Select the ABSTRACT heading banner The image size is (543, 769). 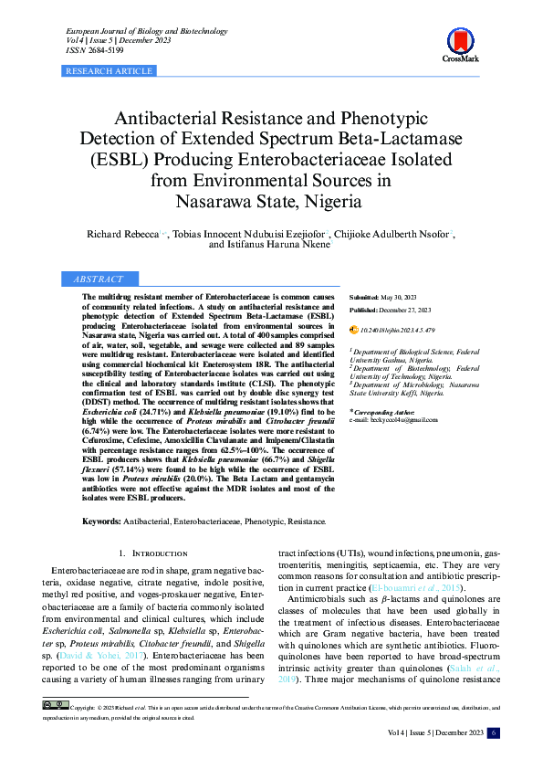99,279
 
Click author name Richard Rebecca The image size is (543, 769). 122,235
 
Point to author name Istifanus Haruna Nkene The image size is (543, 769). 268,246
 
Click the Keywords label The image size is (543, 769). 101,521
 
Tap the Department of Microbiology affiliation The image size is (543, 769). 398,385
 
